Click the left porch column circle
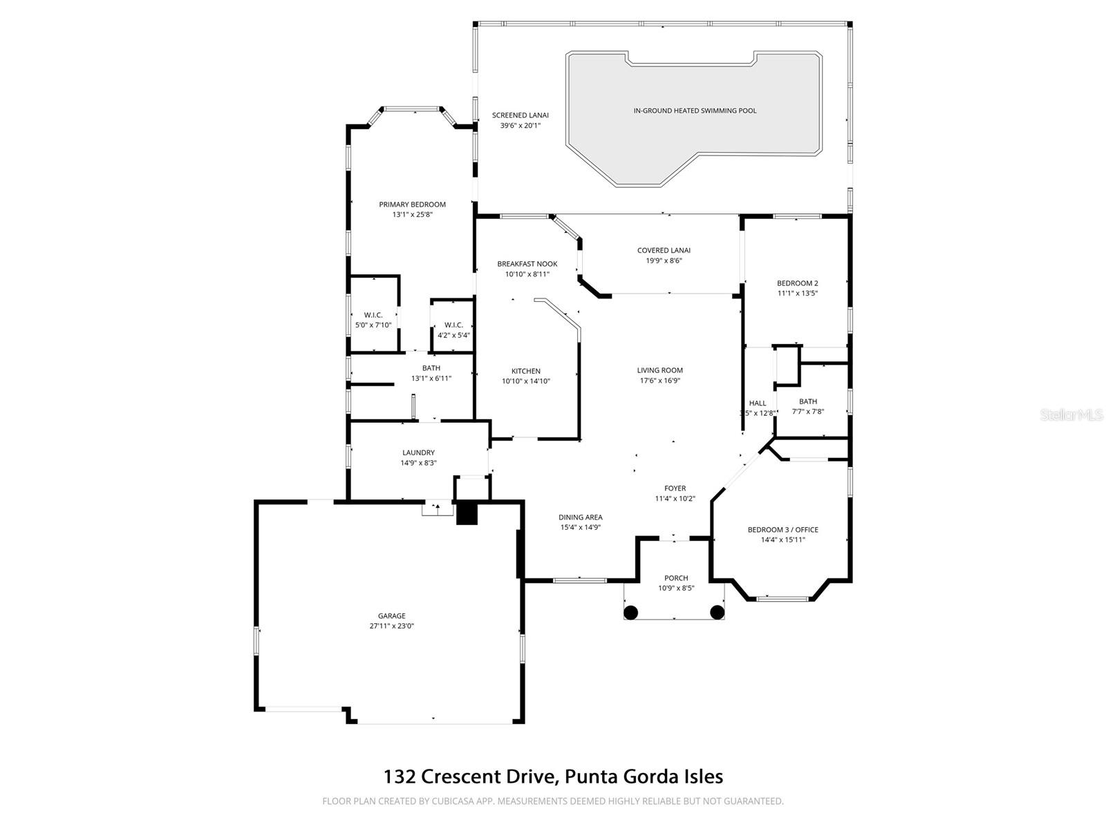pyautogui.click(x=630, y=612)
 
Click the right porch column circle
pyautogui.click(x=718, y=612)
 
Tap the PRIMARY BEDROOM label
pyautogui.click(x=412, y=204)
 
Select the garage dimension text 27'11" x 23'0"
pyautogui.click(x=391, y=626)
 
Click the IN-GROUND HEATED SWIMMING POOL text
pyautogui.click(x=695, y=111)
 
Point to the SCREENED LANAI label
pyautogui.click(x=520, y=115)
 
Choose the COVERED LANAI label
pyautogui.click(x=664, y=250)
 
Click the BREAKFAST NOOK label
pyautogui.click(x=527, y=264)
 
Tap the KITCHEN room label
pyautogui.click(x=525, y=371)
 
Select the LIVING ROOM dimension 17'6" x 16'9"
pyautogui.click(x=659, y=381)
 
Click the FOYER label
pyautogui.click(x=675, y=488)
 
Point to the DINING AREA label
pyautogui.click(x=580, y=517)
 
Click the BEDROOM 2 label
pyautogui.click(x=797, y=283)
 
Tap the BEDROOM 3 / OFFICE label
pyautogui.click(x=782, y=530)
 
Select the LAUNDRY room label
pyautogui.click(x=418, y=452)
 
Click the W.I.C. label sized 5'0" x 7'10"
pyautogui.click(x=373, y=315)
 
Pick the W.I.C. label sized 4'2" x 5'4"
pyautogui.click(x=453, y=325)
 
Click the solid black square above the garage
pyautogui.click(x=467, y=514)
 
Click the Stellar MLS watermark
pyautogui.click(x=1072, y=415)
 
